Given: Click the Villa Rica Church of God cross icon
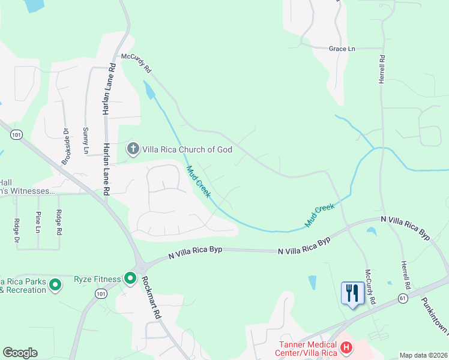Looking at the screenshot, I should [x=132, y=148].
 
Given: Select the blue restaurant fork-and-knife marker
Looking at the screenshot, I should [x=352, y=293].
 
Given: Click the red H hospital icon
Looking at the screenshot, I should [x=346, y=347].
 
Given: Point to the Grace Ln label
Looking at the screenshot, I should [x=342, y=49].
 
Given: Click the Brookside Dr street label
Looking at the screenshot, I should [x=65, y=146].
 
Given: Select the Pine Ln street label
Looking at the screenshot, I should [x=38, y=222].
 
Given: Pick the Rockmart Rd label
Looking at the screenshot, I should [x=151, y=297].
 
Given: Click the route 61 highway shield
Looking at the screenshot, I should [x=400, y=298].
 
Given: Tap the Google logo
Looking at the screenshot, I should [x=20, y=353].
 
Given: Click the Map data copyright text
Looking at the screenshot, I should [x=423, y=355].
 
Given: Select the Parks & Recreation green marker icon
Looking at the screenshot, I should [x=55, y=284].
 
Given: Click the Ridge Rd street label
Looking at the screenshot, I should [x=58, y=222].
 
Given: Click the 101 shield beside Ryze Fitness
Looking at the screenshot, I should [x=101, y=293].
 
